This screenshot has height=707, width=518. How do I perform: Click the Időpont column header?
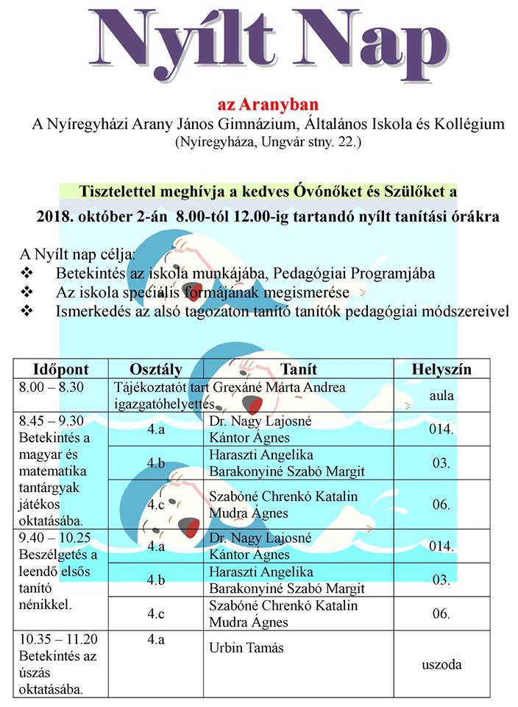(61, 369)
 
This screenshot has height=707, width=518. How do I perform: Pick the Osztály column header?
(155, 369)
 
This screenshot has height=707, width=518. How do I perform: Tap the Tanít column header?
(299, 369)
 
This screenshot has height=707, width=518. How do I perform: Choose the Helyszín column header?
(441, 369)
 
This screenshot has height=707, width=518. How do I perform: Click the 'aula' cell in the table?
(441, 395)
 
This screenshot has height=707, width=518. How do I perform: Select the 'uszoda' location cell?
(441, 664)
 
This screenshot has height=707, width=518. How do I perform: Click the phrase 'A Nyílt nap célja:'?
(77, 256)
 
